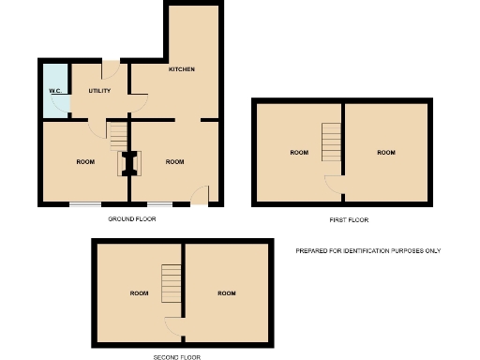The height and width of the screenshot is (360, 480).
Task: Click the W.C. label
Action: pos(54,91)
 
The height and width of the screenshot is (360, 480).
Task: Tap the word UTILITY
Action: pos(99,91)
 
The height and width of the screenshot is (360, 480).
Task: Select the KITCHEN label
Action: pos(181,69)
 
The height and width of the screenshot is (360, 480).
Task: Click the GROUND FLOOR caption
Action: pos(131,218)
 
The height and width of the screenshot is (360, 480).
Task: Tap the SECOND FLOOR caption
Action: pos(177,357)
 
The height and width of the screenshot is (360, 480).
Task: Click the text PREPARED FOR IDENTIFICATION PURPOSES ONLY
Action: pos(367,250)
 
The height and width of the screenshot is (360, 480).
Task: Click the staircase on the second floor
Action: pos(171,283)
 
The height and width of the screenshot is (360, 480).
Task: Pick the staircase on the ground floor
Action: pos(116,138)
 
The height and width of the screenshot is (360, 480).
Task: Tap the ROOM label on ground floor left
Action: pos(85,161)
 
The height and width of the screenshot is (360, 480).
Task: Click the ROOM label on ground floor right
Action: pos(174,161)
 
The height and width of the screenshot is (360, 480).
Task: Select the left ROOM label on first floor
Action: pos(299,152)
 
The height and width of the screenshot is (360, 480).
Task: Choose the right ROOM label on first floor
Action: pos(386,152)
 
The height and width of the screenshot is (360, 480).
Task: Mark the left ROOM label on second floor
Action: pos(139,293)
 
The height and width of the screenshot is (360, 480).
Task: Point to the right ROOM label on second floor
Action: pos(226,293)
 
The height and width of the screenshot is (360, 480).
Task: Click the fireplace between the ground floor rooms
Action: pos(130,164)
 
